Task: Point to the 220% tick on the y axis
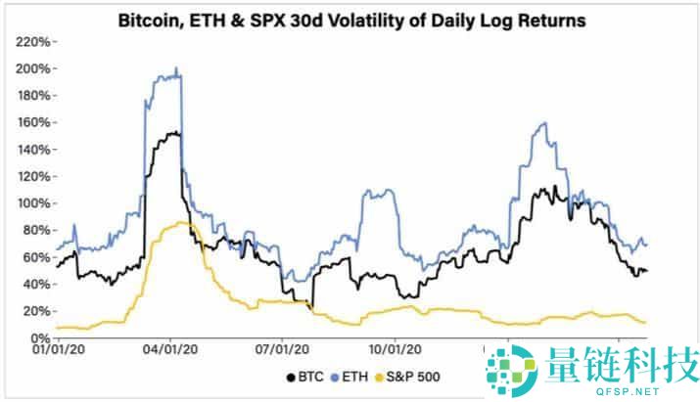[x=32, y=42]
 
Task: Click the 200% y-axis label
[x=32, y=68]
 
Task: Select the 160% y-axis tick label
[x=32, y=122]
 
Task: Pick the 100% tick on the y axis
[x=32, y=203]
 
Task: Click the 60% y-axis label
[x=35, y=257]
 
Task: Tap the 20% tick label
[x=35, y=311]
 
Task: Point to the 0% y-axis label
[x=39, y=337]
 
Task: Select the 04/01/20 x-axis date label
[x=172, y=349]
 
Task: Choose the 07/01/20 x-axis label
[x=282, y=349]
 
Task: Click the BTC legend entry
[x=305, y=377]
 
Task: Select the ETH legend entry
[x=352, y=377]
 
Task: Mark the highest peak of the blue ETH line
[x=175, y=68]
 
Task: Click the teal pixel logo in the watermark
[x=509, y=369]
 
